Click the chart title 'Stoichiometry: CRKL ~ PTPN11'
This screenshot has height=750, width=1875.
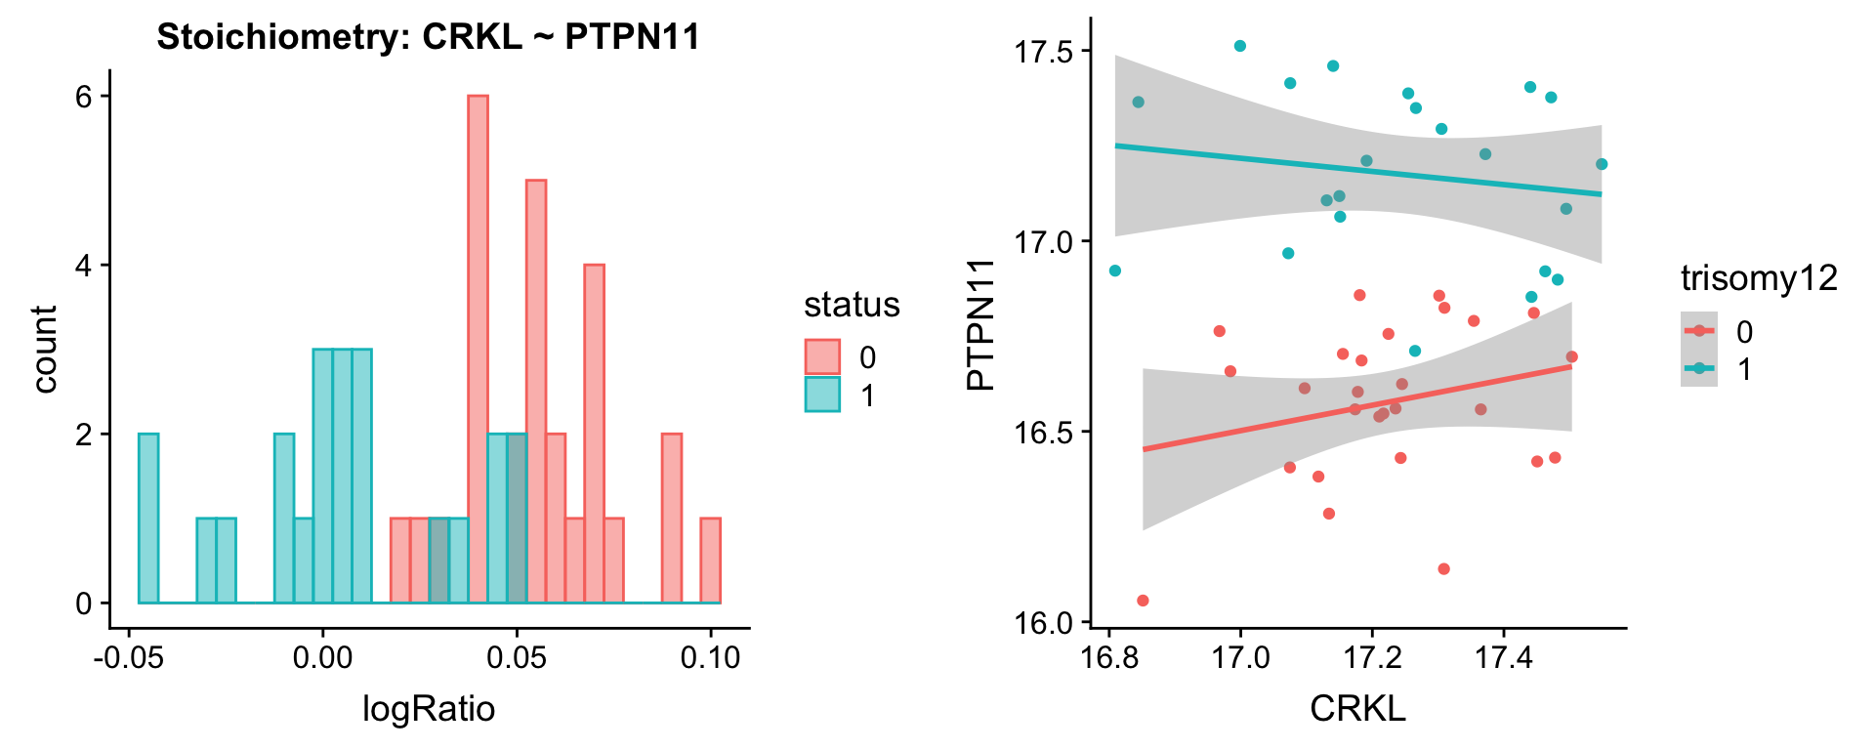click(x=428, y=37)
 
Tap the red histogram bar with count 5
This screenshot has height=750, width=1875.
click(x=536, y=391)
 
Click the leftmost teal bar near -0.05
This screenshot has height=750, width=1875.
click(x=148, y=518)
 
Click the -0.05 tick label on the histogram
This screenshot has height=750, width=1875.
click(x=129, y=657)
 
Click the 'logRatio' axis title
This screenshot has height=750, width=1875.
click(x=429, y=708)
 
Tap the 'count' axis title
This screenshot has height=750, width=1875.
click(x=45, y=349)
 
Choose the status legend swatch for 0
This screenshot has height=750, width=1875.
click(x=822, y=357)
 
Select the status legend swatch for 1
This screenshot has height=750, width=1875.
click(x=822, y=395)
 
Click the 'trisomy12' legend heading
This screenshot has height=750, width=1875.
click(x=1759, y=279)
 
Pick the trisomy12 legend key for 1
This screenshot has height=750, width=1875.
click(x=1699, y=368)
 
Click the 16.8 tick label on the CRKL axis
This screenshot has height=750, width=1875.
click(x=1109, y=657)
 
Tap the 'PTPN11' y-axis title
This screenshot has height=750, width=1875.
click(x=980, y=324)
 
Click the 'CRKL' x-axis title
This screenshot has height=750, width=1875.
click(x=1357, y=708)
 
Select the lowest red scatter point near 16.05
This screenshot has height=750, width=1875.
click(x=1143, y=601)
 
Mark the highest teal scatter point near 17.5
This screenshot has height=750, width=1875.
click(x=1240, y=46)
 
